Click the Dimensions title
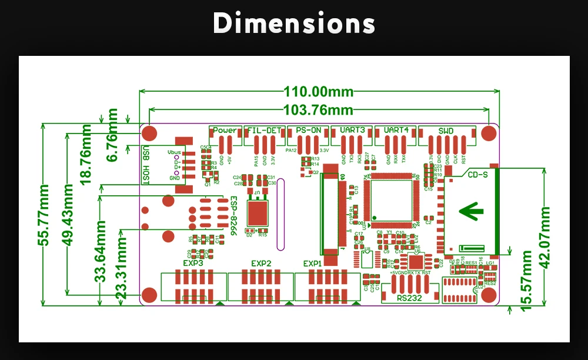tap(293, 24)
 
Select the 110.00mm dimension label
tap(319, 91)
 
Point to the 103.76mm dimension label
tap(319, 109)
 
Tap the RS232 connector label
tap(410, 298)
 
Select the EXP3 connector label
tap(193, 263)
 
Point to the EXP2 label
tap(260, 263)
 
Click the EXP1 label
tap(313, 263)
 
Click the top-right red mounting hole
tap(488, 133)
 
